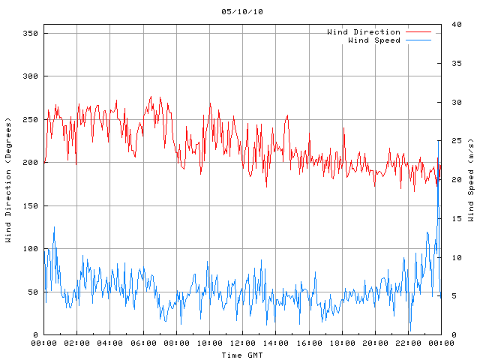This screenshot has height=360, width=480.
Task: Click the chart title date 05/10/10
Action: pyautogui.click(x=242, y=12)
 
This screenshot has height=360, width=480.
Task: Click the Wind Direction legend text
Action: pyautogui.click(x=364, y=32)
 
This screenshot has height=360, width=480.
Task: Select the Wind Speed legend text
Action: pyautogui.click(x=374, y=40)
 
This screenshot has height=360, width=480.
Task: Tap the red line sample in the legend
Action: pyautogui.click(x=418, y=32)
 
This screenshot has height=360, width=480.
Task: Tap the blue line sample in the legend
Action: pyautogui.click(x=418, y=40)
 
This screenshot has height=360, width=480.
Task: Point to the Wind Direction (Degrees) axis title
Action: pyautogui.click(x=8, y=180)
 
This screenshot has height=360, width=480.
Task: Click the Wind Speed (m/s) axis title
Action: pyautogui.click(x=471, y=180)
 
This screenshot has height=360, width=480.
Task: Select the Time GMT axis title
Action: pyautogui.click(x=242, y=354)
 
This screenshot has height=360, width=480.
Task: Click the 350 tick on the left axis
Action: pyautogui.click(x=30, y=34)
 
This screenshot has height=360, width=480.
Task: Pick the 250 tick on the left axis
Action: pyautogui.click(x=30, y=120)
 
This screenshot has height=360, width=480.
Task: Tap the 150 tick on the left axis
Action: pyautogui.click(x=30, y=206)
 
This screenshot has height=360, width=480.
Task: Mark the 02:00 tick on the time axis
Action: pyautogui.click(x=77, y=343)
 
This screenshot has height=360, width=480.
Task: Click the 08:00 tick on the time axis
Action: pyautogui.click(x=176, y=343)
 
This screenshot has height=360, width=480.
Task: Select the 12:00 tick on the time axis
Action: pyautogui.click(x=242, y=343)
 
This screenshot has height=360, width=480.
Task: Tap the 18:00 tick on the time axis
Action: pyautogui.click(x=342, y=343)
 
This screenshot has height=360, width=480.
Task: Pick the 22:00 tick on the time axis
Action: pyautogui.click(x=408, y=343)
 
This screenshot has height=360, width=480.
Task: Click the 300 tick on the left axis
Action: pyautogui.click(x=30, y=76)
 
